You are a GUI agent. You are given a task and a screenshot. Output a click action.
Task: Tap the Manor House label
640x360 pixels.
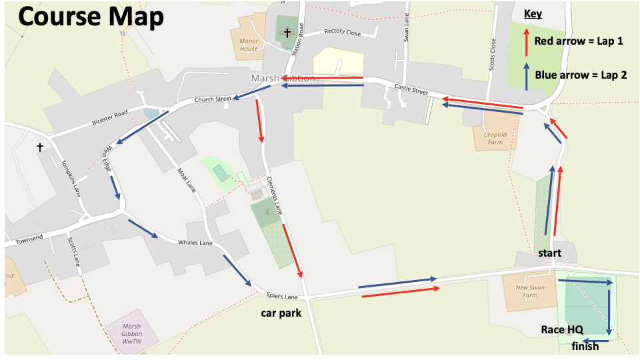point(249,45)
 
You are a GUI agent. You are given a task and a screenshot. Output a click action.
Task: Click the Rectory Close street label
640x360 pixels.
point(342,32)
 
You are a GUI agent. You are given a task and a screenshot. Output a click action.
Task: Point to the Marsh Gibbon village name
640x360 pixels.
point(282,79)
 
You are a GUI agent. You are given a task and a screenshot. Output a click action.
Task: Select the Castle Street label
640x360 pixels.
point(411,87)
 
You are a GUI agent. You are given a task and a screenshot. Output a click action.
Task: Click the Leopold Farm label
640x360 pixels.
point(495,138)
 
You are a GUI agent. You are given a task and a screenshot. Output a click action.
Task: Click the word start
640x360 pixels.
point(550,253)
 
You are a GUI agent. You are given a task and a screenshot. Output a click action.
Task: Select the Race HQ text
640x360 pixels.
point(563,329)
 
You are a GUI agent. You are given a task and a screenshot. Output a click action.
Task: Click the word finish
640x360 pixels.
point(585,346)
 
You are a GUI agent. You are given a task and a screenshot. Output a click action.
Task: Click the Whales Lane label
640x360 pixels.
point(195,243)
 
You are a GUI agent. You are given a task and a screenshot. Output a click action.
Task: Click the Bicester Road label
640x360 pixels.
point(109,119)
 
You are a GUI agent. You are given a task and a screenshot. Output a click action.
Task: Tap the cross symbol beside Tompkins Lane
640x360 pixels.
point(41,147)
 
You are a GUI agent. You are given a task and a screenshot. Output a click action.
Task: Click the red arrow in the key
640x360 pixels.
point(527,41)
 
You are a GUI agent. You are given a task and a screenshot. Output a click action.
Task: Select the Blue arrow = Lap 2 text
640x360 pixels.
point(581,75)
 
